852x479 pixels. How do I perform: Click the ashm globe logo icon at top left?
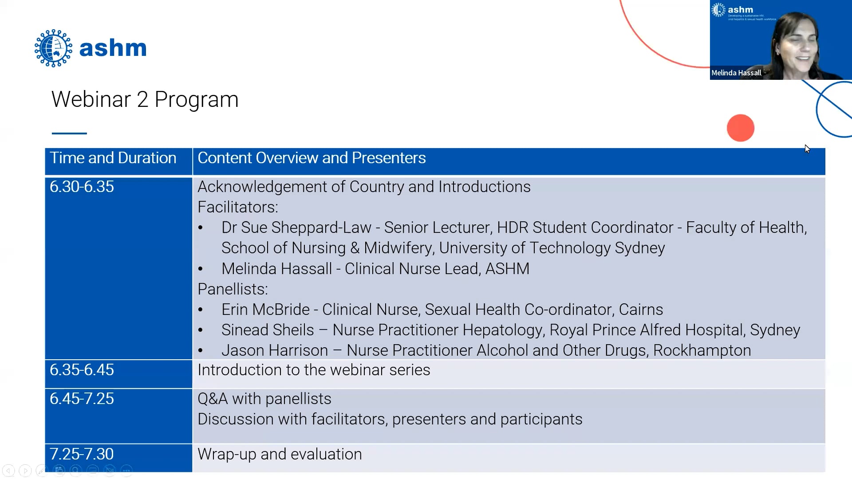pyautogui.click(x=53, y=48)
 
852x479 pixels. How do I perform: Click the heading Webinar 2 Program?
pyautogui.click(x=145, y=99)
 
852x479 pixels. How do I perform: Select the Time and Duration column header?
pyautogui.click(x=113, y=158)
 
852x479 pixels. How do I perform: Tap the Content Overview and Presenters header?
pyautogui.click(x=312, y=158)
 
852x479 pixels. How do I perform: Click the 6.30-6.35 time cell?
pyautogui.click(x=82, y=187)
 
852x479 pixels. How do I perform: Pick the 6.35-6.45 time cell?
pyautogui.click(x=82, y=370)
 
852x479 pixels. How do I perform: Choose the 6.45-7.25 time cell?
pyautogui.click(x=82, y=399)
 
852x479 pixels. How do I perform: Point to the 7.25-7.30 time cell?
pyautogui.click(x=82, y=454)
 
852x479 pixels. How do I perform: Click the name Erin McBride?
pyautogui.click(x=265, y=310)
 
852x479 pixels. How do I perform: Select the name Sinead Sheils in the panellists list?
pyautogui.click(x=268, y=330)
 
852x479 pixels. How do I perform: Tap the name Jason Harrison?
pyautogui.click(x=274, y=350)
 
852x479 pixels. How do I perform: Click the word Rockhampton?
pyautogui.click(x=702, y=350)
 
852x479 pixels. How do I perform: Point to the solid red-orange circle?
pyautogui.click(x=740, y=128)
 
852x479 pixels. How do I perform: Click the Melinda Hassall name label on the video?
pyautogui.click(x=736, y=73)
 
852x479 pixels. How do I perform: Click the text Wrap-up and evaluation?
pyautogui.click(x=280, y=454)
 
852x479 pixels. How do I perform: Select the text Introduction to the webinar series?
pyautogui.click(x=313, y=370)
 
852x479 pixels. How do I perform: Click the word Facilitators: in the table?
pyautogui.click(x=237, y=207)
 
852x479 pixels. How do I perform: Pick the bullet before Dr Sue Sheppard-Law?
pyautogui.click(x=201, y=228)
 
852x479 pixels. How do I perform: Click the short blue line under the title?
pyautogui.click(x=69, y=133)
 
